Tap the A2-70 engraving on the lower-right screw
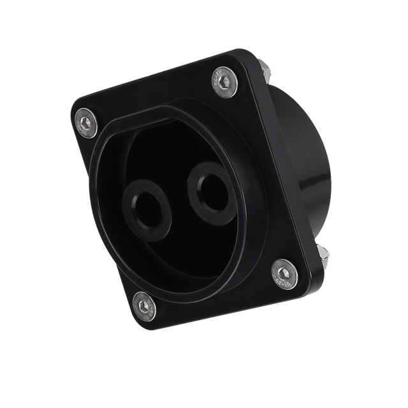[x=286, y=275]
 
